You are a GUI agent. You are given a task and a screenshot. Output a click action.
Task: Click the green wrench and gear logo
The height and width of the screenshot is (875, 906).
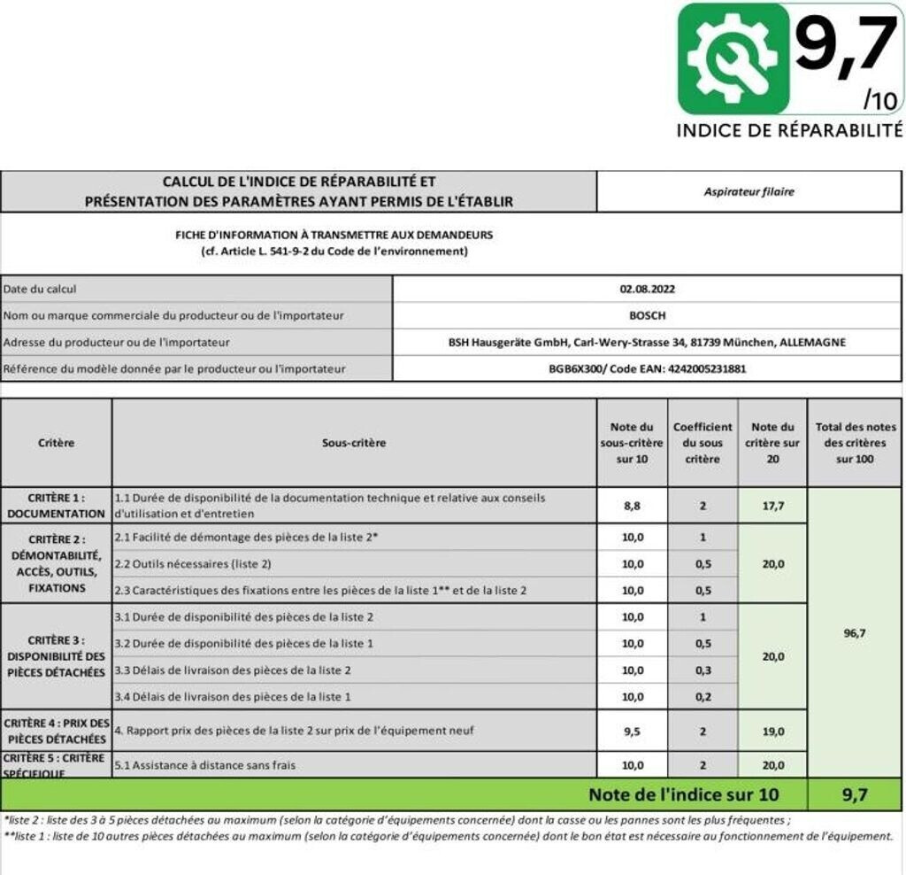coord(733,58)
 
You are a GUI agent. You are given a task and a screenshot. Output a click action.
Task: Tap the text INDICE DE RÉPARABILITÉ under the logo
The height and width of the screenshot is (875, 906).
coord(789,130)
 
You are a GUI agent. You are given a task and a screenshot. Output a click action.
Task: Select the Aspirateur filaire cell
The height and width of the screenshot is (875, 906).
coord(749,191)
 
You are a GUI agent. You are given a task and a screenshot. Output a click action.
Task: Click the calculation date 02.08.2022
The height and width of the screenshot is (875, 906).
coord(648,289)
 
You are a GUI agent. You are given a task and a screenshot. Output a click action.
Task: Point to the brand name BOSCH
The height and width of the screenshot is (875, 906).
coord(648,315)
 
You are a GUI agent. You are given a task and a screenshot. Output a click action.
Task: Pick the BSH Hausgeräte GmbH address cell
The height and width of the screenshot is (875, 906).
coord(648,342)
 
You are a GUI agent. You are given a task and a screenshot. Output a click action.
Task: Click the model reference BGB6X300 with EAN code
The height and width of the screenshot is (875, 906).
coord(648,368)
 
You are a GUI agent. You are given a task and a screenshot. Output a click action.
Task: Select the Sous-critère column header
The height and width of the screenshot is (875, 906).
coord(354,442)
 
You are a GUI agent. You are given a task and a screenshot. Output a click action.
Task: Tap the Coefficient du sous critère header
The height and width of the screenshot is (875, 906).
coord(703,442)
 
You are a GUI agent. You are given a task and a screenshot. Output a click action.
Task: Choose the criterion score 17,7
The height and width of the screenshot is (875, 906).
coord(772,506)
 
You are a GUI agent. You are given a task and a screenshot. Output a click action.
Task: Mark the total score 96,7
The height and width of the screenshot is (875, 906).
coord(854,633)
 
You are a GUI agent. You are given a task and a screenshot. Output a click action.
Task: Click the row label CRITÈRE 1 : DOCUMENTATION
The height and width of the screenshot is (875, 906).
coord(57,506)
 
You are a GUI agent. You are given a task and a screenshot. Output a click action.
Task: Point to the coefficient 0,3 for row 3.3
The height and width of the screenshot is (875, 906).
coord(703,670)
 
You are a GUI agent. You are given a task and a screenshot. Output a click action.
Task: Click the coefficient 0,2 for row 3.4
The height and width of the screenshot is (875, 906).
coord(703,697)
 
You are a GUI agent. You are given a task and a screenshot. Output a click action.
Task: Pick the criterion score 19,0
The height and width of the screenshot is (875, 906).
coord(772,732)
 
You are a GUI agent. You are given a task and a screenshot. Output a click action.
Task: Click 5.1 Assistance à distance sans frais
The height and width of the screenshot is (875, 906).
coord(205,764)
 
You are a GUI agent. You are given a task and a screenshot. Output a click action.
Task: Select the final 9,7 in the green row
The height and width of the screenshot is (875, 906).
coord(854,794)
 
